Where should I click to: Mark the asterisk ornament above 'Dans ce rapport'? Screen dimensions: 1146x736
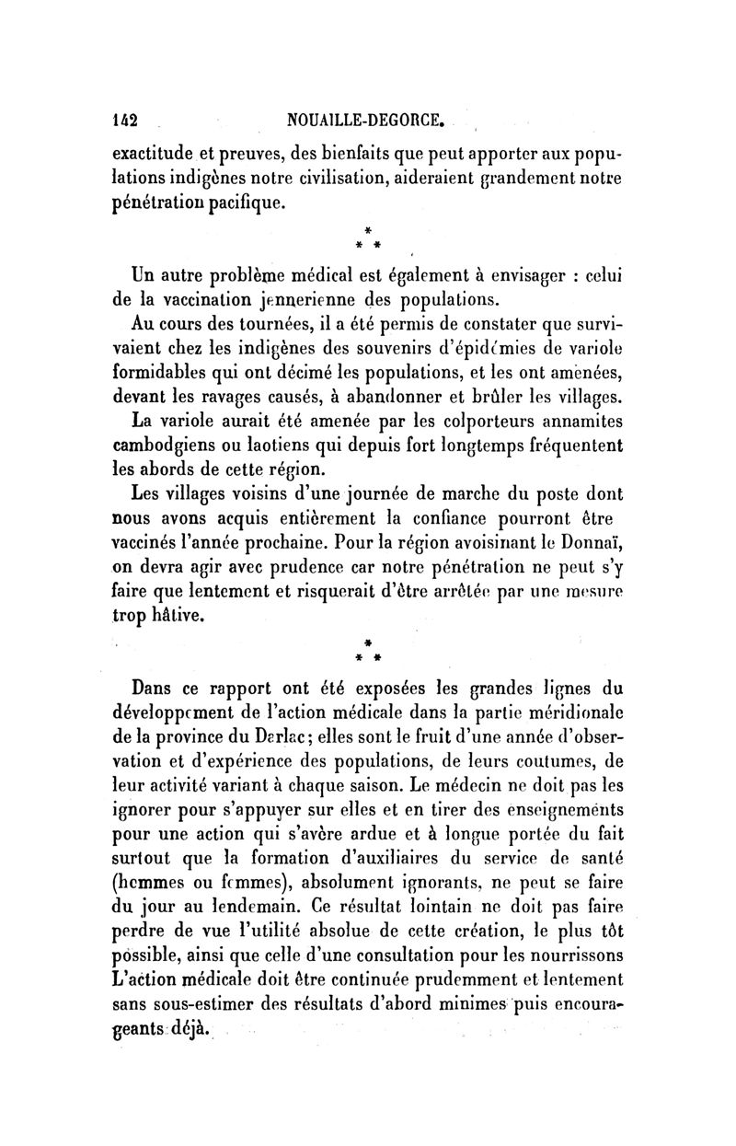pos(367,651)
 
